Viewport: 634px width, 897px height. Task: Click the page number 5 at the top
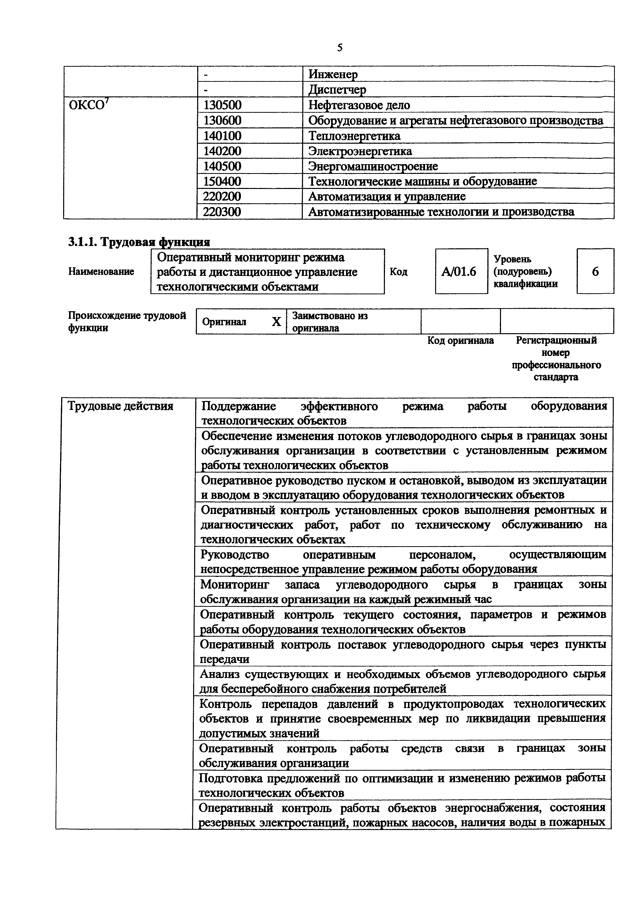(339, 48)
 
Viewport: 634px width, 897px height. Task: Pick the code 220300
(222, 212)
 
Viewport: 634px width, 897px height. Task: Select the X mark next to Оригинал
(276, 321)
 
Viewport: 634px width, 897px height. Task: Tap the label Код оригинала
(461, 341)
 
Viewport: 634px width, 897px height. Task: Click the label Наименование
(101, 272)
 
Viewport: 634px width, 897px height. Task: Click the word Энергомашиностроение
(373, 166)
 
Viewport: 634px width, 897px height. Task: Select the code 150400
(222, 182)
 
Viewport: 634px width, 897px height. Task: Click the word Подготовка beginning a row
(230, 778)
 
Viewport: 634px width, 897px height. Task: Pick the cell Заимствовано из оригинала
(330, 321)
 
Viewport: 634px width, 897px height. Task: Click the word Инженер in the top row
(333, 74)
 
